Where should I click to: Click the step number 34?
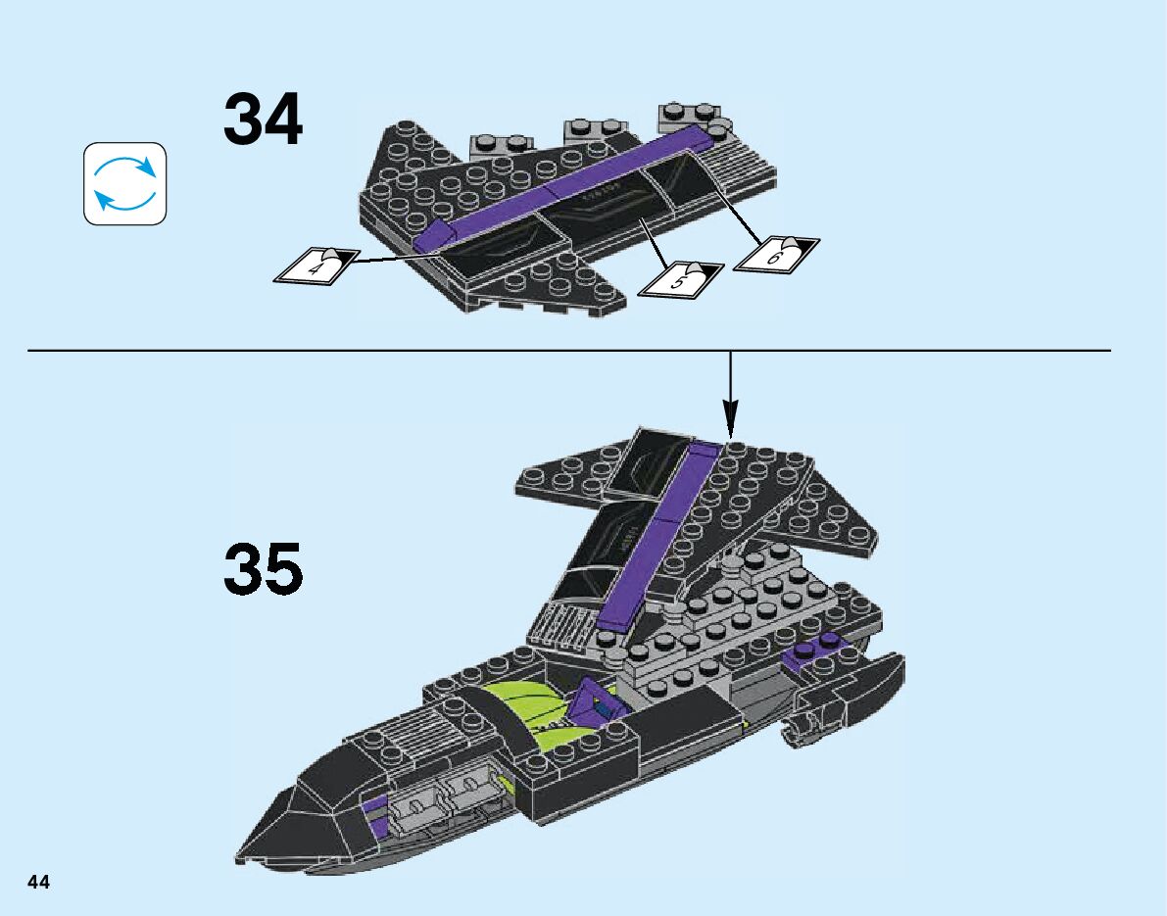coord(263,121)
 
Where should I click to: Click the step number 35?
coord(263,570)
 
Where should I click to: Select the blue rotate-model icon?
coord(124,183)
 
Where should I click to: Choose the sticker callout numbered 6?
coord(776,253)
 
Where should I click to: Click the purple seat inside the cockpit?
coord(592,700)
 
